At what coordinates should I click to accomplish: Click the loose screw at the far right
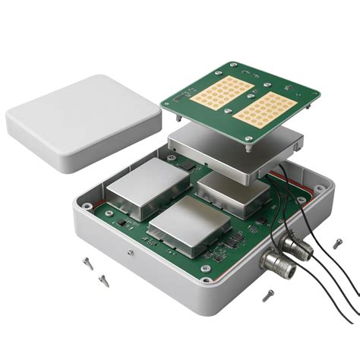337,244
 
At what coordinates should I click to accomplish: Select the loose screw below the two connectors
267,296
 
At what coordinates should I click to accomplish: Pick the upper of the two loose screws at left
87,263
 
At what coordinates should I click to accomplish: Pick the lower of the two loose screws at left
103,280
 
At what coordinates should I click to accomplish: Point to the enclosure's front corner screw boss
206,270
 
